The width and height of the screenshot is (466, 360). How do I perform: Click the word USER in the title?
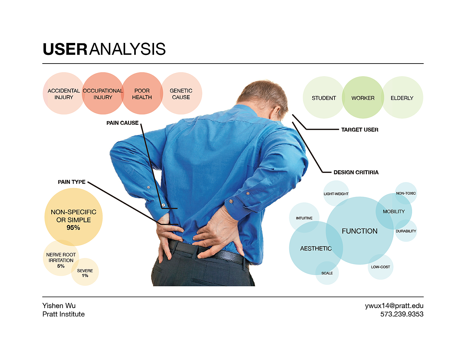pos(65,49)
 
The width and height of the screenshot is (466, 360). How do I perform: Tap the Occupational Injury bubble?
pos(103,94)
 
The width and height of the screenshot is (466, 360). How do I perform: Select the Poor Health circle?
pos(142,94)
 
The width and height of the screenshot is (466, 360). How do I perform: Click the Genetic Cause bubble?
pos(181,94)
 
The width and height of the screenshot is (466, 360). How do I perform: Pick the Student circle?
pos(324,98)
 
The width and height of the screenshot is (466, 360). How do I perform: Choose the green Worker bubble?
pos(363,98)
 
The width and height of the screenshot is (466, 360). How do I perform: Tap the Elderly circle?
pos(402,98)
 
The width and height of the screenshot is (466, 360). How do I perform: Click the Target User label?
pos(360,130)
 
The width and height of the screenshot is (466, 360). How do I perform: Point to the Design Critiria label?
pos(356,172)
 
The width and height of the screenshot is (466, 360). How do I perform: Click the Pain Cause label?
pos(122,123)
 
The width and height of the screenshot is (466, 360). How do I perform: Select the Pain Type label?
pos(72,182)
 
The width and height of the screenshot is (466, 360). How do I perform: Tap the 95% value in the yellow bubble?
pos(73,228)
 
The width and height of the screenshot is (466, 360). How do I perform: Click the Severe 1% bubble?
pos(85,273)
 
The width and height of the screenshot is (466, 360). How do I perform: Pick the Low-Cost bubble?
pos(380,267)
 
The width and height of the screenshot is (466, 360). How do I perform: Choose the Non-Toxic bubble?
pos(406,193)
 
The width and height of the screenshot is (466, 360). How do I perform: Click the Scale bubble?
pos(327,273)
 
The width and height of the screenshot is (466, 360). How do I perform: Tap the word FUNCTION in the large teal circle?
pos(360,231)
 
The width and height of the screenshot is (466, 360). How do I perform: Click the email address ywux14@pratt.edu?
pos(394,306)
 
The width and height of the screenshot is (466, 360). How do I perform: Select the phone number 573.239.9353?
pos(402,314)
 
